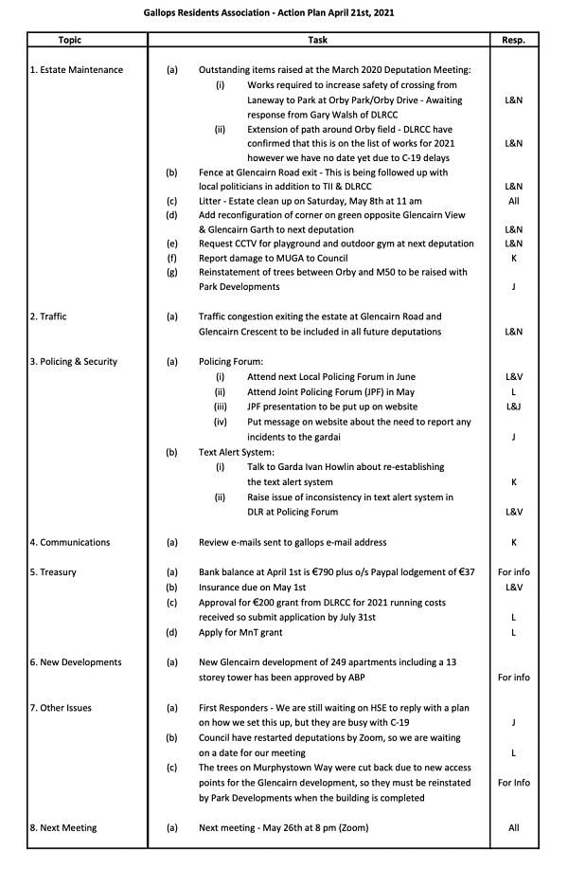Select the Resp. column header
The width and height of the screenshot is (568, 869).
click(x=513, y=41)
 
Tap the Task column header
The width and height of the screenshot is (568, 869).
click(x=318, y=41)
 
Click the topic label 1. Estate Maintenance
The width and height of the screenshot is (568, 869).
click(x=76, y=70)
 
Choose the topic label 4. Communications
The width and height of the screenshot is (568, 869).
click(x=70, y=542)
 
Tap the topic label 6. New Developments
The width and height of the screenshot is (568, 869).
click(x=76, y=662)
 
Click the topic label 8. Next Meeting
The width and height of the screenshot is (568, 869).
click(x=63, y=827)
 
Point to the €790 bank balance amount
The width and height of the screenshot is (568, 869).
click(x=325, y=572)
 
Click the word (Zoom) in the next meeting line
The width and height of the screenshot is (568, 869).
click(x=350, y=827)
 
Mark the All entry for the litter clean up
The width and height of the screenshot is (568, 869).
click(x=513, y=202)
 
